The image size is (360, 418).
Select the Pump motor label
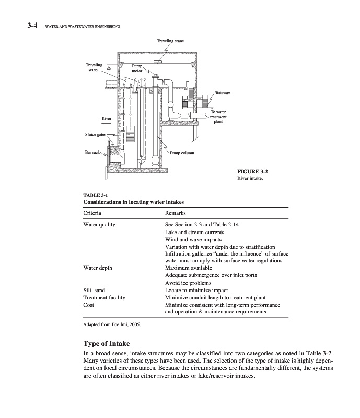(137, 69)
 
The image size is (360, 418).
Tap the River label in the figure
(107, 118)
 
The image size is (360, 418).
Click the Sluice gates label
(95, 135)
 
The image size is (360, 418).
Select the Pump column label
(182, 153)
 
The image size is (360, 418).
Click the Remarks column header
(176, 213)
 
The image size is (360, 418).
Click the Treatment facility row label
(104, 297)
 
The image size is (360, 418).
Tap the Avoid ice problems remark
(187, 283)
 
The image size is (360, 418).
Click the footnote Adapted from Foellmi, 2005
(112, 324)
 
